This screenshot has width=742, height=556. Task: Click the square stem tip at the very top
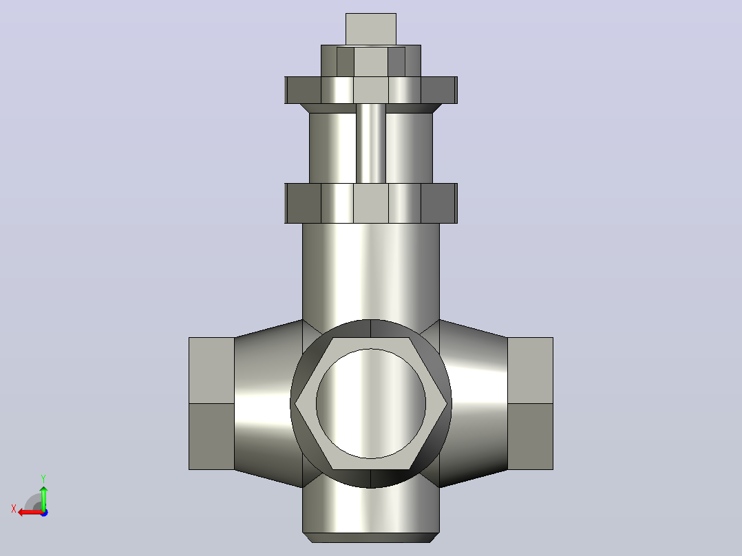[x=371, y=29]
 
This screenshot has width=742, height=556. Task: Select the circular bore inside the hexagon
[x=371, y=404]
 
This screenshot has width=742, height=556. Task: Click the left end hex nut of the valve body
[x=211, y=404]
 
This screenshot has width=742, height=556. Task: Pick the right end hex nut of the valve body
[x=530, y=404]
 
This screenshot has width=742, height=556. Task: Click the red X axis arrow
[x=31, y=513]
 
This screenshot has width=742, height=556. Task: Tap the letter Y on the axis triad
[x=43, y=478]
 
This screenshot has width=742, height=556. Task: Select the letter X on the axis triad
[x=14, y=509]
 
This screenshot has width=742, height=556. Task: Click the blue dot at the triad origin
[x=44, y=513]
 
